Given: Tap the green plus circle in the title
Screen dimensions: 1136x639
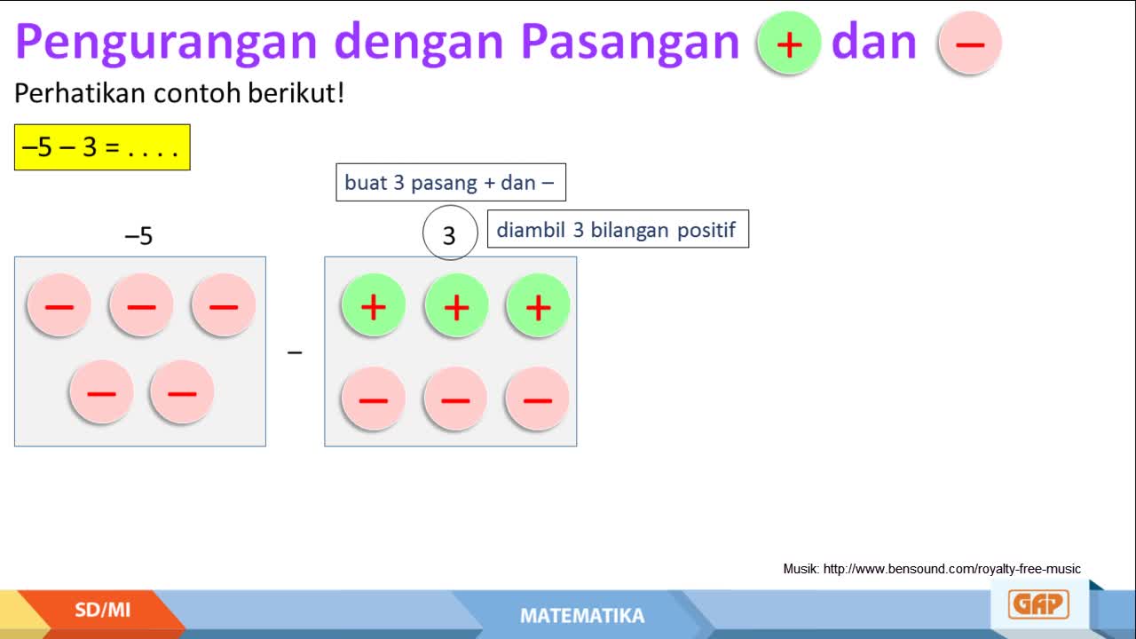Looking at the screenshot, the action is [789, 43].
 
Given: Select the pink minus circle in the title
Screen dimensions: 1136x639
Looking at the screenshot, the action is [970, 43].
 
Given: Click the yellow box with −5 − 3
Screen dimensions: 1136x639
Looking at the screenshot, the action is [102, 147].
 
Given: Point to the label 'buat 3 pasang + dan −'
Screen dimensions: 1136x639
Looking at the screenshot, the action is [451, 183].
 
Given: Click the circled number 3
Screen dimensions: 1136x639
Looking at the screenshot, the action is [450, 233].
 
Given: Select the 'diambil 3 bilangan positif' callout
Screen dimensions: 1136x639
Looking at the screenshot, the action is [618, 229].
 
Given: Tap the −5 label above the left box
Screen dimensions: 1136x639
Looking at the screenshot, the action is [138, 236].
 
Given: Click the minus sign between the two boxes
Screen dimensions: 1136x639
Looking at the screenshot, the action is [295, 352].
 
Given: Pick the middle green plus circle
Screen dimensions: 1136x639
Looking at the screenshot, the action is [456, 306].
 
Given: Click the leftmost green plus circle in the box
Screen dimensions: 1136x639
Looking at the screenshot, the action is [374, 306].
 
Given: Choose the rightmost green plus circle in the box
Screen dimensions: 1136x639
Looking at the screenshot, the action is [538, 306].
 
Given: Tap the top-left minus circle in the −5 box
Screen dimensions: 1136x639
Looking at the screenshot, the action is [59, 305].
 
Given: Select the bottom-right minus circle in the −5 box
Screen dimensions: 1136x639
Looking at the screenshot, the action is [182, 392].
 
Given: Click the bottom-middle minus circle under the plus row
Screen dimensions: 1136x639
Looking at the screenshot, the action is [455, 399].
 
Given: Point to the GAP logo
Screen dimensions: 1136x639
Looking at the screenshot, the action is [1038, 604].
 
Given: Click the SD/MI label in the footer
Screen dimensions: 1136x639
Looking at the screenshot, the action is [102, 610].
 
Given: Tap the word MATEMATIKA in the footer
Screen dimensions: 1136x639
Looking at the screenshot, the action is [582, 616].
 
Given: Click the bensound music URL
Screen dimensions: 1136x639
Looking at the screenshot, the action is [952, 569].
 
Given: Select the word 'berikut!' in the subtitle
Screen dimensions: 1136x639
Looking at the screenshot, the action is [296, 93].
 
